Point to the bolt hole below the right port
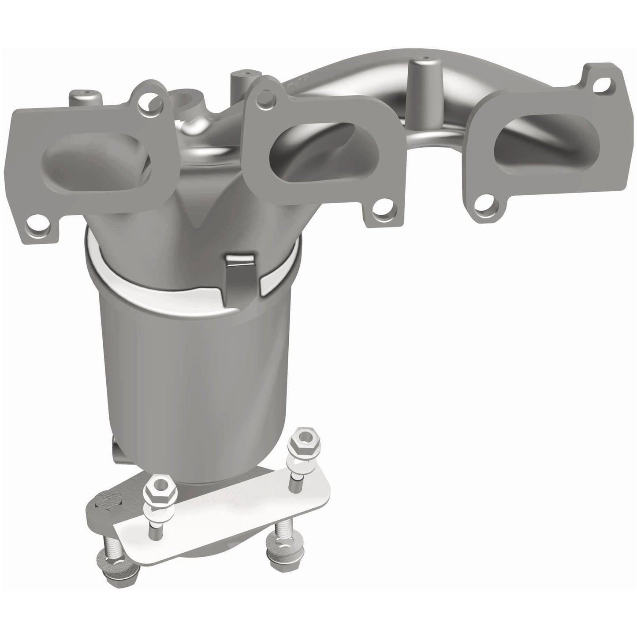click(x=488, y=204)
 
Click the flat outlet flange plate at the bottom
click(x=229, y=516)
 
